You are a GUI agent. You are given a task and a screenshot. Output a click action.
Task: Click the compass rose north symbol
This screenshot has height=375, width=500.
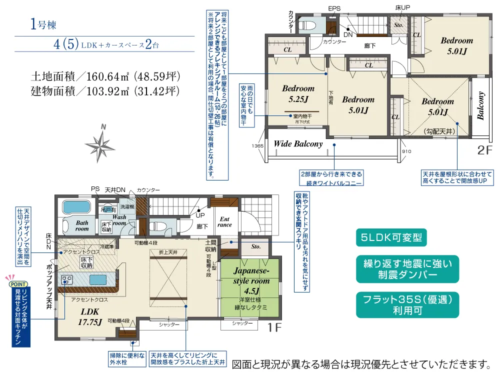[x=101, y=144]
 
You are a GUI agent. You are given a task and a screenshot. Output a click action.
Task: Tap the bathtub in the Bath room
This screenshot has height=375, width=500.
[x=75, y=208]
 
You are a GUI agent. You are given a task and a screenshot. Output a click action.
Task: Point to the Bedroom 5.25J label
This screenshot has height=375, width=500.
[x=298, y=94]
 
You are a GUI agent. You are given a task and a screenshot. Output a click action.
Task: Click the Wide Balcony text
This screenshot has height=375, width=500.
[x=298, y=144]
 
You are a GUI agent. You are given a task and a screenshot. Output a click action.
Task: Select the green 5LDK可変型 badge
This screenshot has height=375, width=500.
[x=390, y=237]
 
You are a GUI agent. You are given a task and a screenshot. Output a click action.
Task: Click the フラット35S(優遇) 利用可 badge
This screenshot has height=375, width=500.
[x=408, y=304]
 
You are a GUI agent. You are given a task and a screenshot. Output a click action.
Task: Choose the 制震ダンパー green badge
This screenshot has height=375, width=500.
[x=408, y=268]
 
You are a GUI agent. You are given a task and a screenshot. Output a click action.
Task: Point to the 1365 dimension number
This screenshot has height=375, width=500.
[x=257, y=145]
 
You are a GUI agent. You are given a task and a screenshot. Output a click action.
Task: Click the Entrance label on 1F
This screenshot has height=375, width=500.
[x=224, y=221]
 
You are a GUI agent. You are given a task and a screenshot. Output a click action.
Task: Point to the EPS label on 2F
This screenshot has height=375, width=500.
[x=333, y=8]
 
